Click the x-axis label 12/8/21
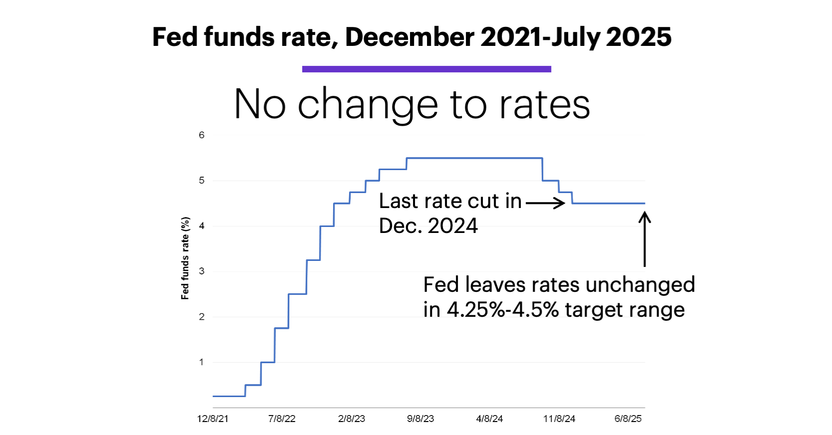click(x=212, y=419)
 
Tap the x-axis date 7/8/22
click(x=282, y=419)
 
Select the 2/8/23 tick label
click(x=351, y=419)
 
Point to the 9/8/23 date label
click(x=420, y=419)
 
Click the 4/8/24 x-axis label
click(x=489, y=419)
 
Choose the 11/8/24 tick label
click(x=559, y=419)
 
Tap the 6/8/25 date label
click(x=628, y=419)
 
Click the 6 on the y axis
click(x=202, y=135)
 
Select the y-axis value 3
click(x=202, y=271)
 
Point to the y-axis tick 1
click(x=202, y=362)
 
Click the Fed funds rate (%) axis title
click(x=185, y=258)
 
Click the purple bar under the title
click(x=426, y=69)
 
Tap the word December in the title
click(x=410, y=37)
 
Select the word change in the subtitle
click(x=368, y=105)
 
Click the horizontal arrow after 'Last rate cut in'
click(x=545, y=203)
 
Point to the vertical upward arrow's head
click(x=644, y=217)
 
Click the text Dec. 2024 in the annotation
click(x=428, y=226)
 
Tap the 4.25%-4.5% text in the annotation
click(x=503, y=310)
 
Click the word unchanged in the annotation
click(x=640, y=285)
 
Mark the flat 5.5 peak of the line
click(x=474, y=158)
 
